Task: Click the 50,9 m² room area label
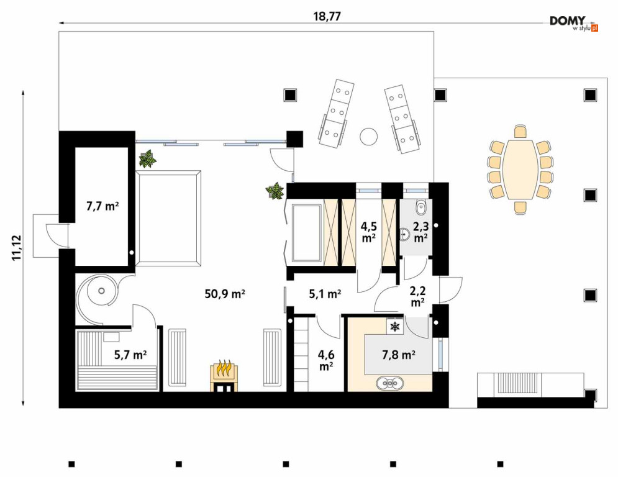[225, 294]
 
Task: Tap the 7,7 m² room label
[102, 206]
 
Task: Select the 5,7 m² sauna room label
[130, 355]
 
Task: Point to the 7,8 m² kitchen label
[399, 355]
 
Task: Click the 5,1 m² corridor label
[325, 294]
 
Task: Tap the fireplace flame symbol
[224, 368]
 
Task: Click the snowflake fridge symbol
[394, 327]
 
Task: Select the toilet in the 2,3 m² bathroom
[421, 207]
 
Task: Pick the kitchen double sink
[390, 383]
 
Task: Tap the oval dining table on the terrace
[520, 170]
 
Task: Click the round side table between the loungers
[368, 137]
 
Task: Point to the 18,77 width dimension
[327, 17]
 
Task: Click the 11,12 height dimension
[17, 248]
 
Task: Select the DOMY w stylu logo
[574, 23]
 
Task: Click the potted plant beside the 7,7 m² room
[147, 159]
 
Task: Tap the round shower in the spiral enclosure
[102, 291]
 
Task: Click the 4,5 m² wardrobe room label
[368, 232]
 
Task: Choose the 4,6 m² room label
[325, 360]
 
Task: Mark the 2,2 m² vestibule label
[417, 296]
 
